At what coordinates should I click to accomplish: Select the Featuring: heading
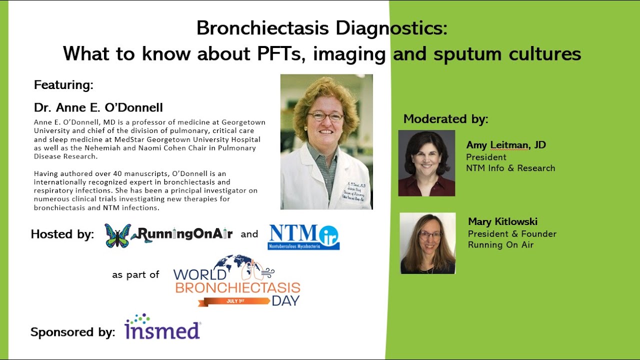(63, 85)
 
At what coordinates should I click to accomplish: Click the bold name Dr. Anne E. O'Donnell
(98, 107)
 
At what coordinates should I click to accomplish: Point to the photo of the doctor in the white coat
(326, 141)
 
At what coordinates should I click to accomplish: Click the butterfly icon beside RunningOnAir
(118, 235)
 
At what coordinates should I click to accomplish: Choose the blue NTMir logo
(303, 236)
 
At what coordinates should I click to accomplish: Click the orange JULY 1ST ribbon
(233, 301)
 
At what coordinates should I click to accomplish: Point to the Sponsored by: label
(72, 332)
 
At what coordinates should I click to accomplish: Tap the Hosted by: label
(62, 234)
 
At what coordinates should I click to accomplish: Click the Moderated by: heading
(445, 119)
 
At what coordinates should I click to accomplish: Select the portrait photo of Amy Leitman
(426, 163)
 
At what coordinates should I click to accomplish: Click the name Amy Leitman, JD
(506, 145)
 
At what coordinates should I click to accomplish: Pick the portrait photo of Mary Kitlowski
(427, 243)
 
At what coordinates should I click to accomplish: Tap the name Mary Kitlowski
(502, 221)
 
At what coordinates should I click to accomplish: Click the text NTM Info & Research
(510, 168)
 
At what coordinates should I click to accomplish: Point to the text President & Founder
(512, 233)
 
